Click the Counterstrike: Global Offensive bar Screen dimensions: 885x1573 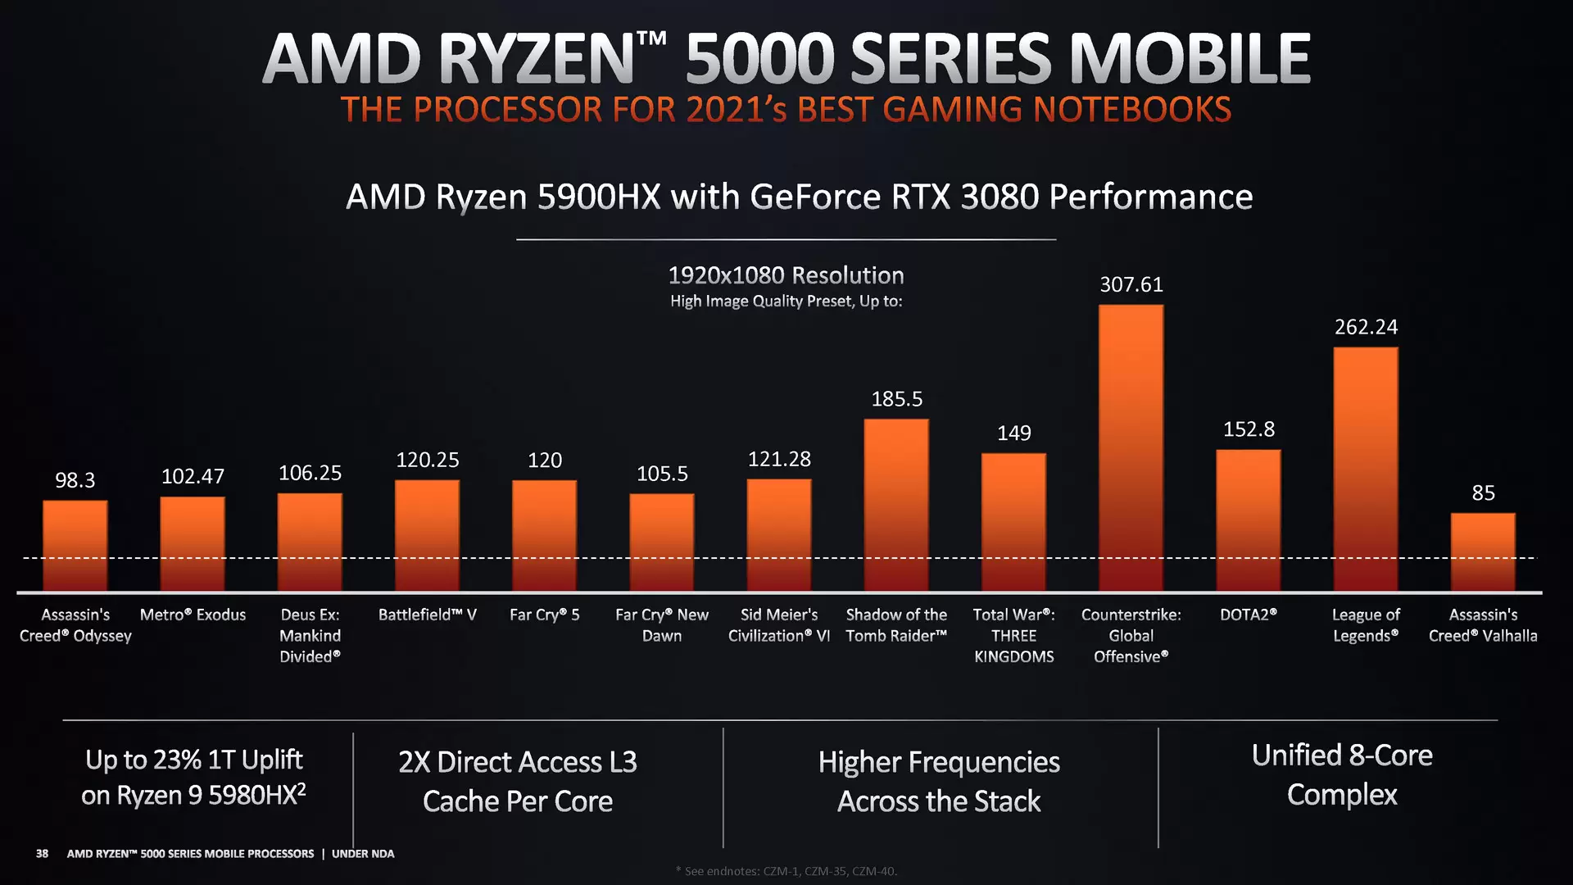tap(1131, 447)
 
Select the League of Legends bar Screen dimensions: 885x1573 tap(1365, 469)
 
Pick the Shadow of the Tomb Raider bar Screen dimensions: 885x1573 tap(896, 505)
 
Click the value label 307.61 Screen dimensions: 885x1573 tap(1131, 284)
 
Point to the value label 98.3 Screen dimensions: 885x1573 tap(75, 480)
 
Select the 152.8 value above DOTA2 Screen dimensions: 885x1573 tap(1249, 429)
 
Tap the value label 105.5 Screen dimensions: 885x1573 tap(662, 474)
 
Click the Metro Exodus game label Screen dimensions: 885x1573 tap(193, 615)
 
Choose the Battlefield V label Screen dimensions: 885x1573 tap(427, 615)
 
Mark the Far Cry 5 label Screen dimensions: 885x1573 tap(544, 615)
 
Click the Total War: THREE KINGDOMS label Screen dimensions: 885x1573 tap(1013, 635)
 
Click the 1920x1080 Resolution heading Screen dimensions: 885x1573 tap(786, 275)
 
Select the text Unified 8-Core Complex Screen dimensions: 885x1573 tap(1341, 774)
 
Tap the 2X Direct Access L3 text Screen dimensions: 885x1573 tap(517, 762)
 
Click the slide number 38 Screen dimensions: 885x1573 tap(42, 854)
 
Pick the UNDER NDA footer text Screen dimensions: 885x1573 tap(362, 854)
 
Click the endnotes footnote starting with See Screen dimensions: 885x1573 tap(786, 871)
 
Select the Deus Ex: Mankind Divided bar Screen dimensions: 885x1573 tap(310, 542)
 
